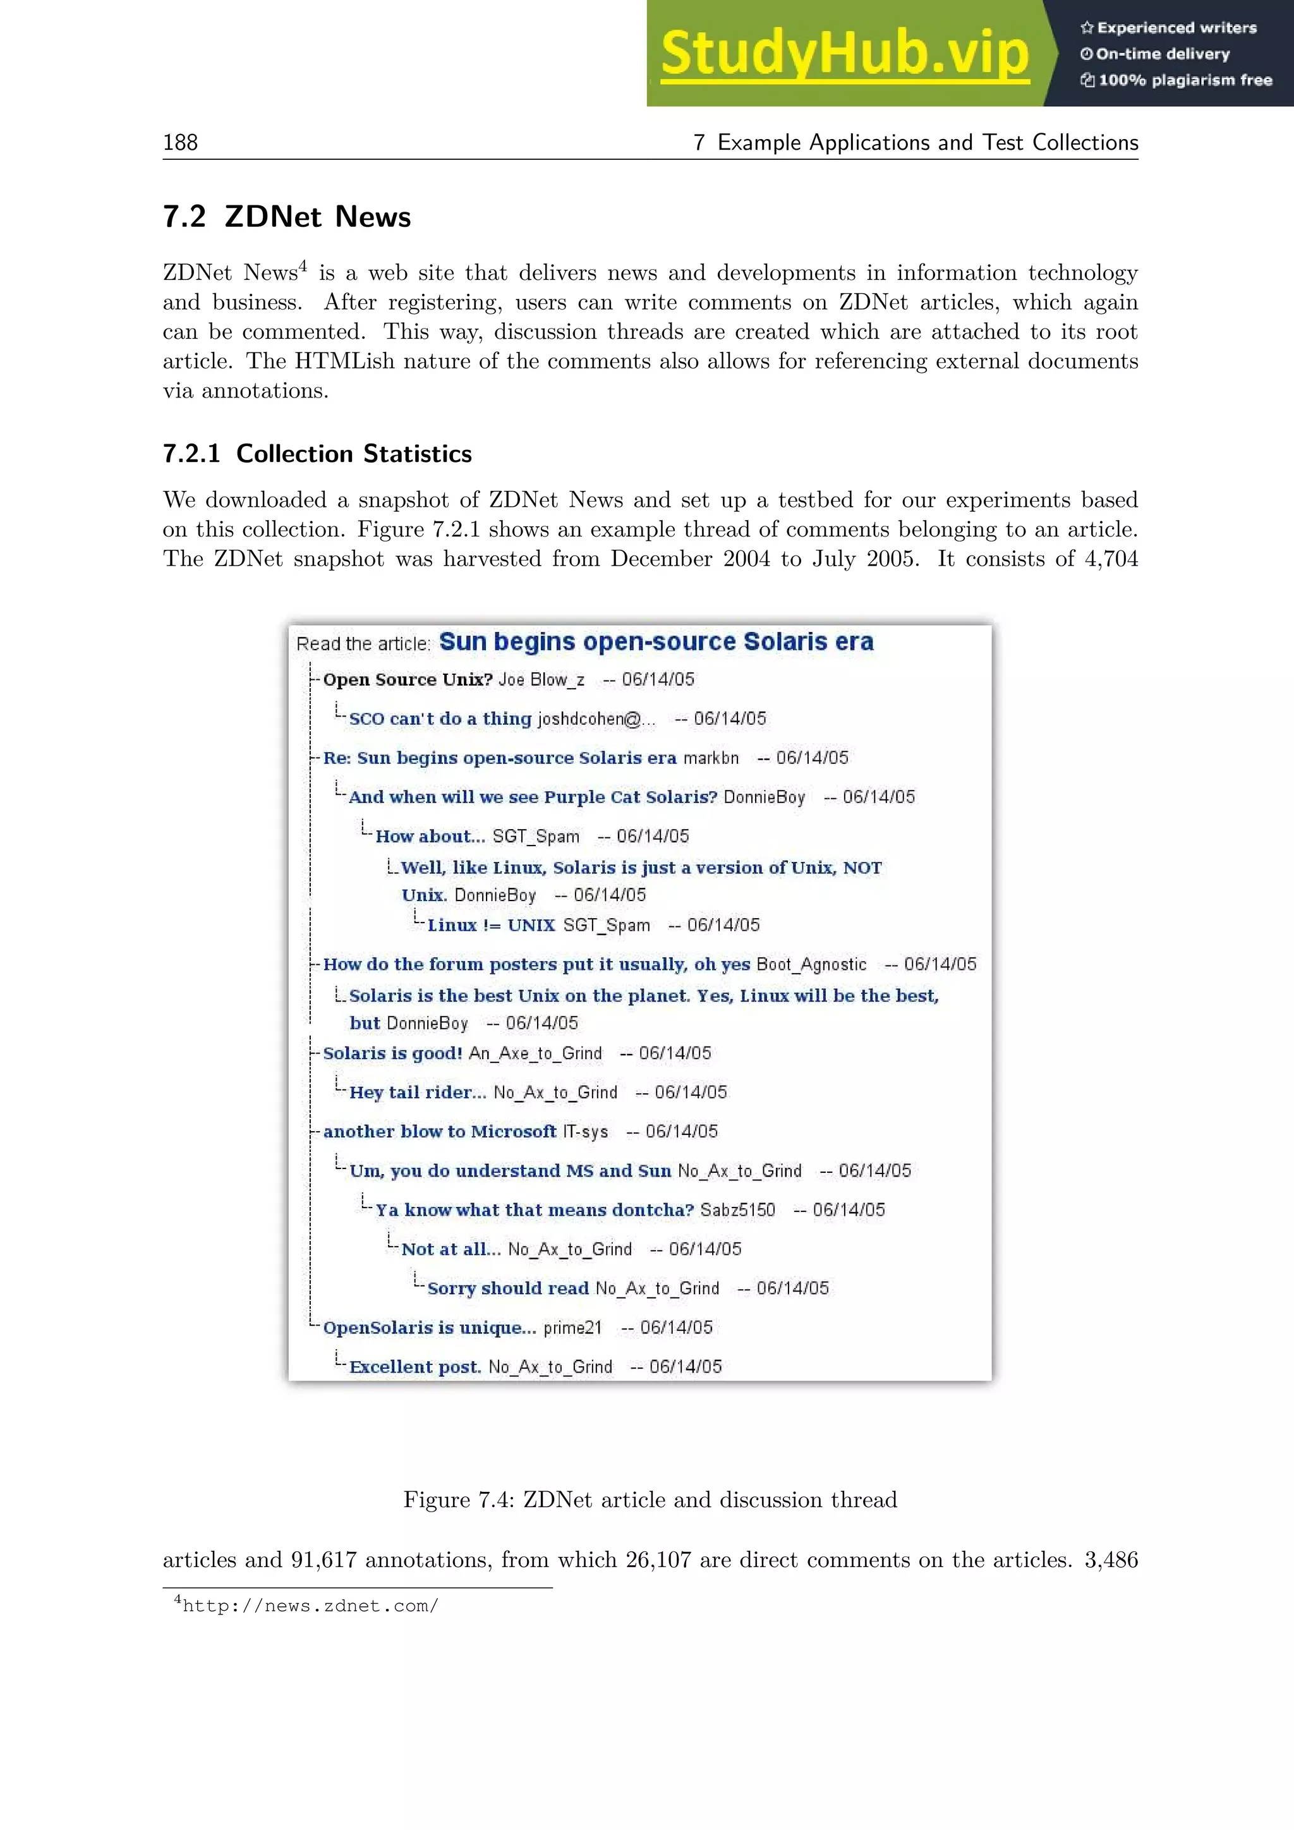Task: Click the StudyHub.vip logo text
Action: pyautogui.click(x=845, y=54)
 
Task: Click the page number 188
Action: pyautogui.click(x=180, y=143)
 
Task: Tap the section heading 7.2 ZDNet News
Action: pyautogui.click(x=287, y=217)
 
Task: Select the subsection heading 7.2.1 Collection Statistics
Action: pyautogui.click(x=317, y=454)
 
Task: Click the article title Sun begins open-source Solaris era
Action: pyautogui.click(x=656, y=641)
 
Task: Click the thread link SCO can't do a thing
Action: pyautogui.click(x=440, y=719)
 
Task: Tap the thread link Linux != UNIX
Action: pyautogui.click(x=491, y=925)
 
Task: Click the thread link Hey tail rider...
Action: pyautogui.click(x=417, y=1093)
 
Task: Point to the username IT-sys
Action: pyautogui.click(x=585, y=1132)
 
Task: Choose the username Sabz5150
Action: pyautogui.click(x=737, y=1210)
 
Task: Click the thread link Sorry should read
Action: pyautogui.click(x=507, y=1289)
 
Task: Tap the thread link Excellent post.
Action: pyautogui.click(x=414, y=1367)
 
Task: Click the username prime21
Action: pyautogui.click(x=572, y=1328)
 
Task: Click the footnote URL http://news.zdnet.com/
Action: pyautogui.click(x=310, y=1606)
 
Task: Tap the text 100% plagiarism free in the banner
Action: pyautogui.click(x=1184, y=80)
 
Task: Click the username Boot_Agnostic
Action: pyautogui.click(x=811, y=964)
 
